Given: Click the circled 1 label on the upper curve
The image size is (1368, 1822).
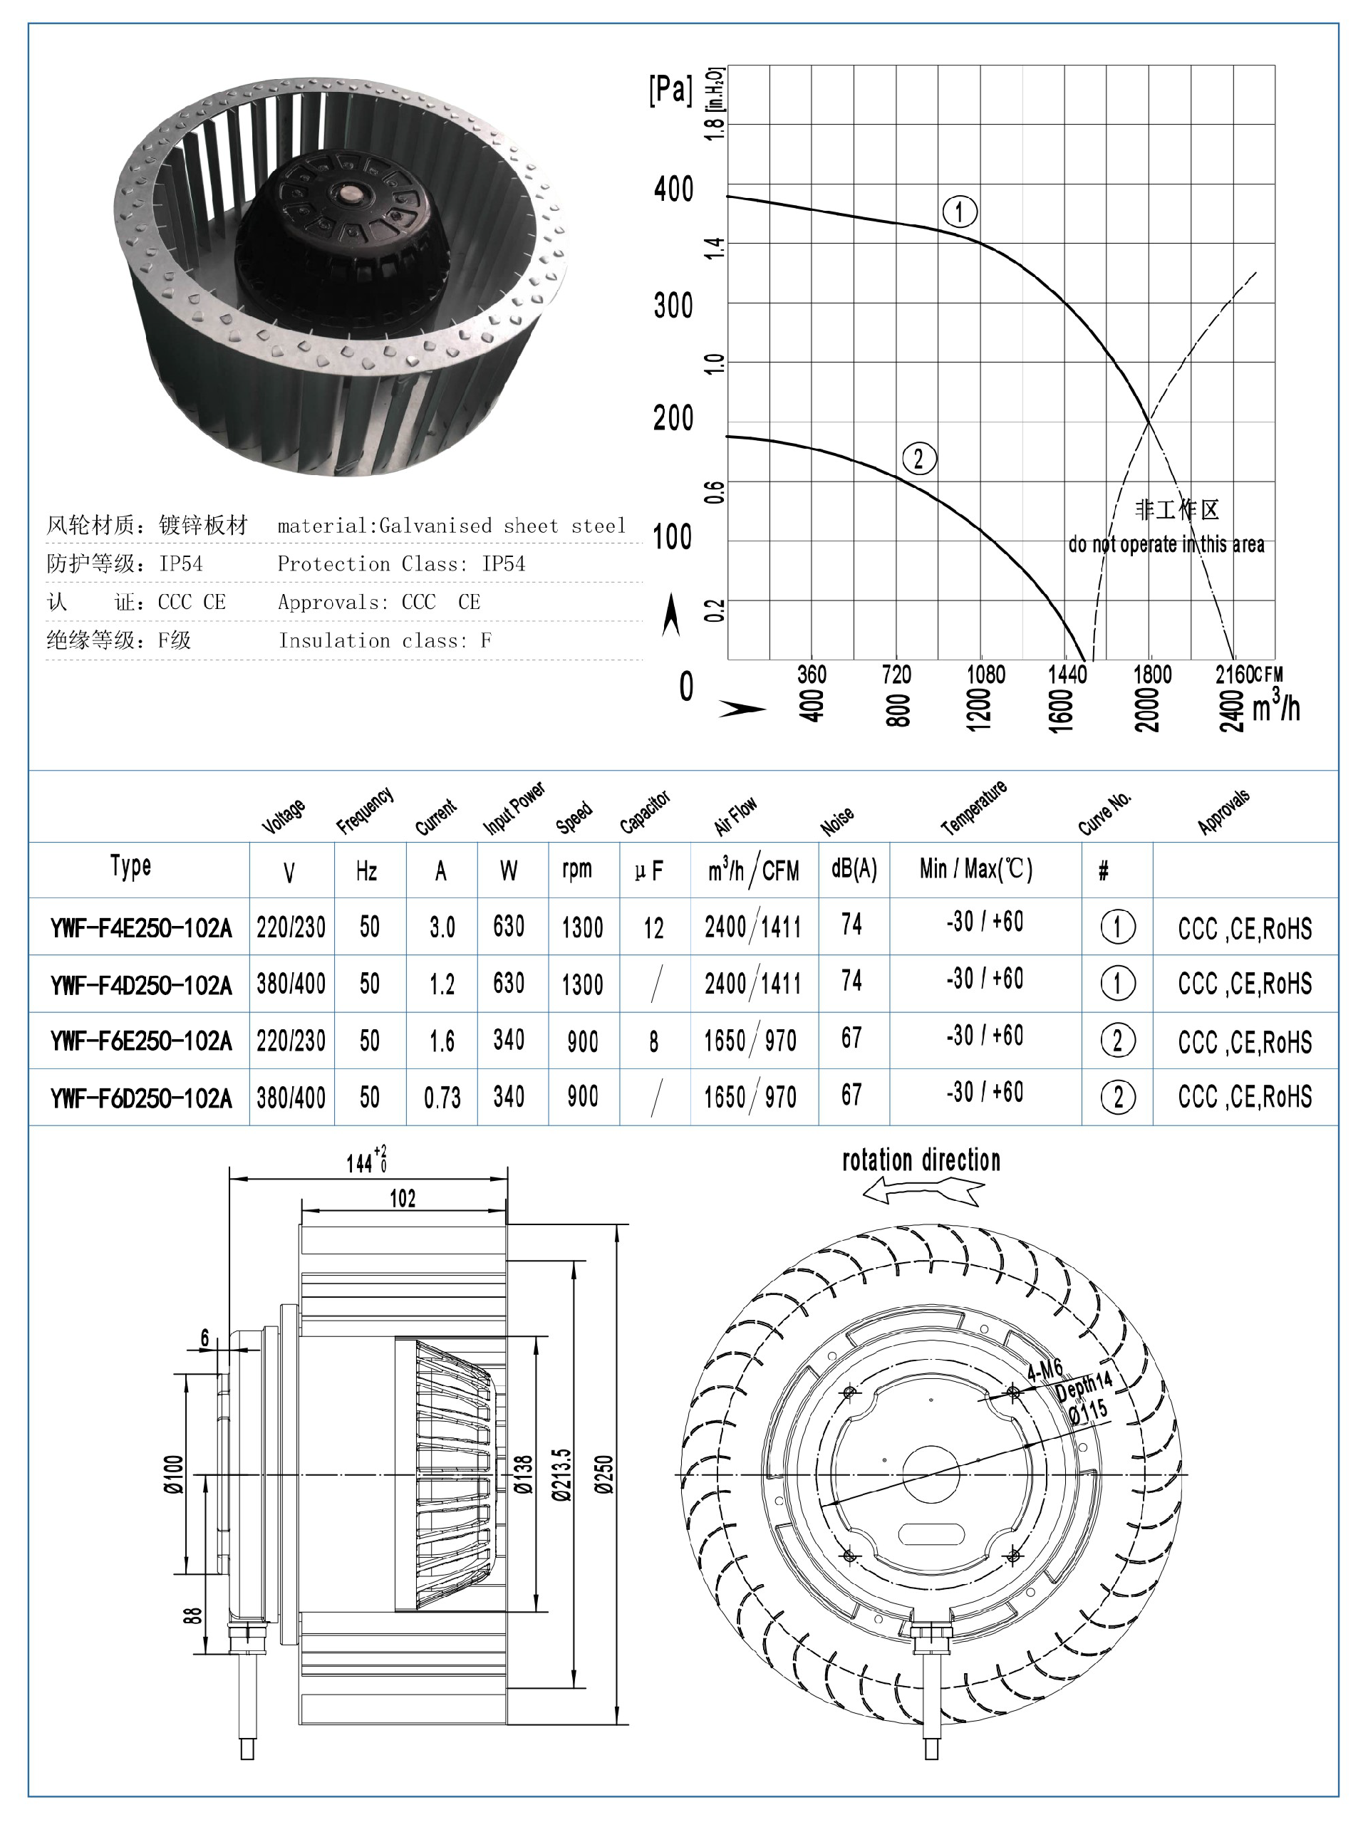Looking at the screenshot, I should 959,212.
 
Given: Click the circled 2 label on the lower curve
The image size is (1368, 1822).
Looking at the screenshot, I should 919,458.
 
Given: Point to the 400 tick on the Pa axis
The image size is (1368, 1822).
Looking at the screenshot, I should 673,189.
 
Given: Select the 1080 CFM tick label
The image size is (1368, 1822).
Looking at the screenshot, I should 985,675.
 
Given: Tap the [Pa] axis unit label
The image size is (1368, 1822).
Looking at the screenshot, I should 670,89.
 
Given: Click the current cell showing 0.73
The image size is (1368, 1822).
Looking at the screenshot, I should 442,1097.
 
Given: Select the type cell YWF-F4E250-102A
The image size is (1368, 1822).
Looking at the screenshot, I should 141,927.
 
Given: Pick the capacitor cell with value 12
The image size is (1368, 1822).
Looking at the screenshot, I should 653,928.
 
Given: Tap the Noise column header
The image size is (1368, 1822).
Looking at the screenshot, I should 837,821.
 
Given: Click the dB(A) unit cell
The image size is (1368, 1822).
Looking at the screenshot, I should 854,868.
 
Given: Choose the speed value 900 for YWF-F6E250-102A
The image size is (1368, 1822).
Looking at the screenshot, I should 582,1041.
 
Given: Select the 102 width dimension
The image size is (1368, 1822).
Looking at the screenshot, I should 402,1199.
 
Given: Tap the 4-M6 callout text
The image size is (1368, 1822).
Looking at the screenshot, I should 1044,1370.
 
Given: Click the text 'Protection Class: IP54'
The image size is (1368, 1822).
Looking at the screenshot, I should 400,564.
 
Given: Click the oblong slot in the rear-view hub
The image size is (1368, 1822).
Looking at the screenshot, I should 931,1534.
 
